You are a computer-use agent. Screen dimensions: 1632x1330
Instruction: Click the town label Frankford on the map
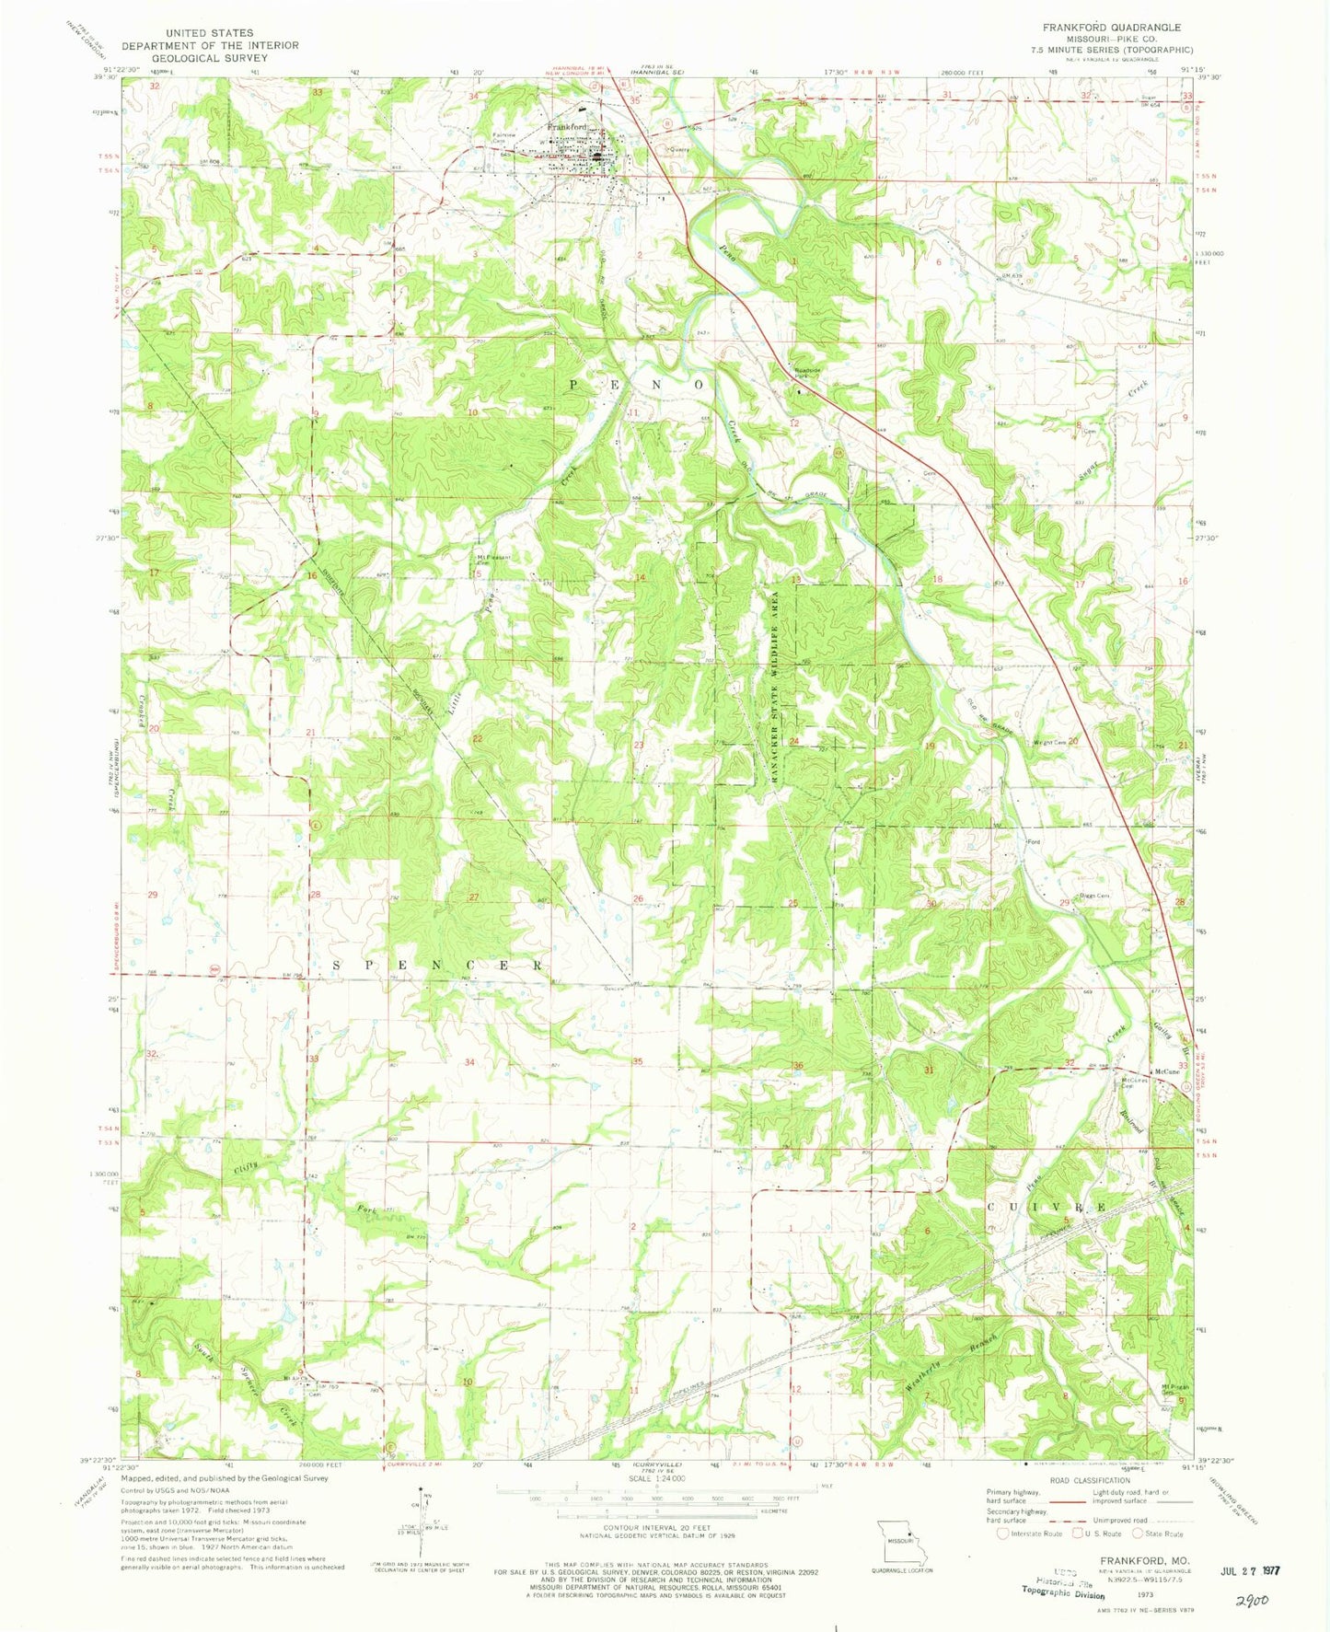coord(568,126)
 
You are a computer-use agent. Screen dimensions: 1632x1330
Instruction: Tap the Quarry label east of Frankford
coord(679,144)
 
